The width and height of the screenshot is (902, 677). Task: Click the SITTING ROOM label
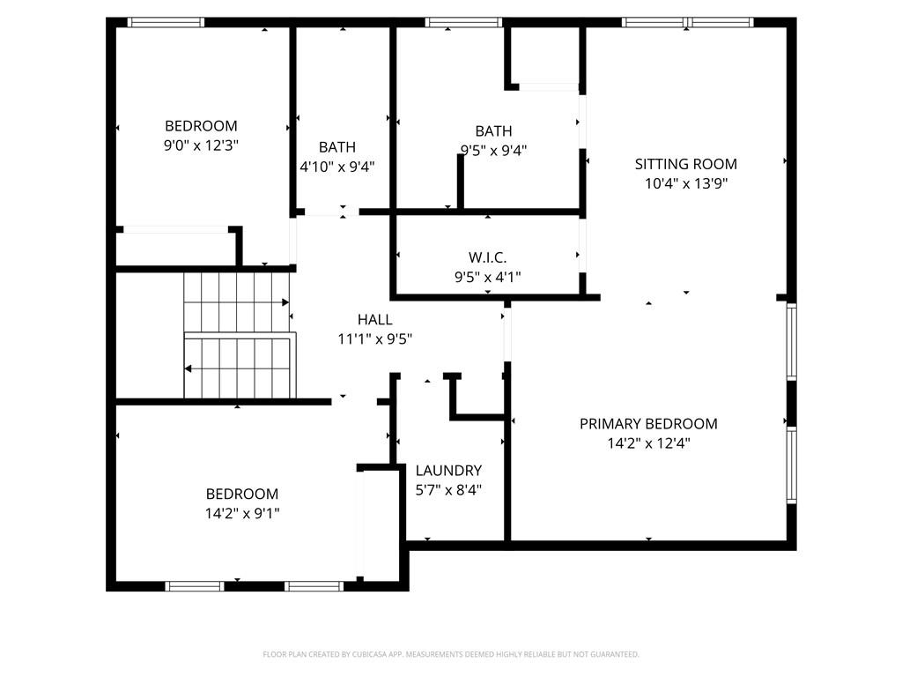pos(686,164)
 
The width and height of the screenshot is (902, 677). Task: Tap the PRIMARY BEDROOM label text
pos(648,424)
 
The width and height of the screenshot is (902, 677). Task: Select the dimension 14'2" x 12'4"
pos(648,443)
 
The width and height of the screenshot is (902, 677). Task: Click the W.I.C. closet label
pos(487,257)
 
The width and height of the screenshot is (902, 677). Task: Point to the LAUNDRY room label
pos(448,471)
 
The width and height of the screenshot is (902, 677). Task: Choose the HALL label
pos(374,320)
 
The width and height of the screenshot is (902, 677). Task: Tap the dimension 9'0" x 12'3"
pos(202,145)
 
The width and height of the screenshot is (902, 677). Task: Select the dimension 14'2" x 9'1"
pos(242,513)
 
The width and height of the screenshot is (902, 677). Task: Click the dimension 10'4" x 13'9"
pos(686,183)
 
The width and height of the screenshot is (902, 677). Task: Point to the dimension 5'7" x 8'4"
pos(448,490)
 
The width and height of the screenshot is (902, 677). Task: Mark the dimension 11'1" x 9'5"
pos(374,338)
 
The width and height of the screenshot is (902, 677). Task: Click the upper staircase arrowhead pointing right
pos(285,302)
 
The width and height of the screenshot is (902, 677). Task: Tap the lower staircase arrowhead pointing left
pos(189,369)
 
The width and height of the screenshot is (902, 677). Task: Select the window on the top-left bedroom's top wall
pos(166,23)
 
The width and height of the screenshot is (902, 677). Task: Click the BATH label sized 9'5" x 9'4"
pos(493,131)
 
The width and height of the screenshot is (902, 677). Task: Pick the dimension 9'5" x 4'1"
pos(487,276)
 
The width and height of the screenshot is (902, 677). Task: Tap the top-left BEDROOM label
pos(202,126)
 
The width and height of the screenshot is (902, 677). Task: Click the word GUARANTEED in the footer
pos(610,654)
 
